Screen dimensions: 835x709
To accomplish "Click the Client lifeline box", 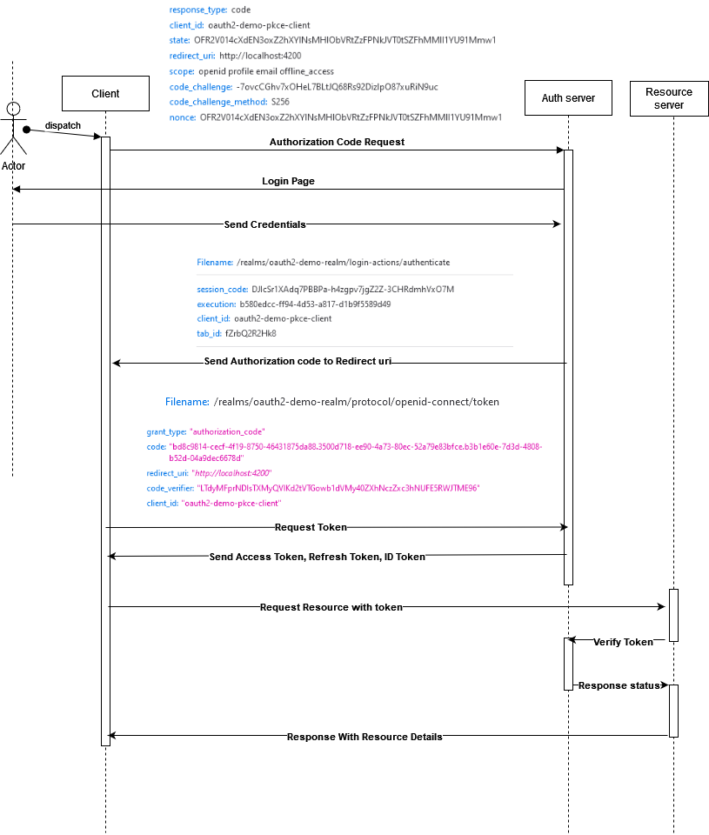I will pos(105,94).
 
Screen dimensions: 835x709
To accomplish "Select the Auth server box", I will pos(567,98).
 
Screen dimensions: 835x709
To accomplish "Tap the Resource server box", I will pos(669,98).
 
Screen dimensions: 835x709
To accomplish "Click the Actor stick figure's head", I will pos(13,108).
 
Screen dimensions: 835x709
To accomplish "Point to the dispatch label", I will pos(63,125).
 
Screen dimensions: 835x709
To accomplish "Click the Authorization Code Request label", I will pos(337,142).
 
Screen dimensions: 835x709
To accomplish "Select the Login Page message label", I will pos(288,182).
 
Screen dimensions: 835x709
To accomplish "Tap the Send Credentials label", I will pos(264,224).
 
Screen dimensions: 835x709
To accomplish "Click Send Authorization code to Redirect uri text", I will pos(298,361).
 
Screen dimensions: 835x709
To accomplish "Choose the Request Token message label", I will pos(311,527).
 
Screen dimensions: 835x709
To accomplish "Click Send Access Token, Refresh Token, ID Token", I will pos(317,557).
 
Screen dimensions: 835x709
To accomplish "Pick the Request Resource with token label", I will pos(331,607).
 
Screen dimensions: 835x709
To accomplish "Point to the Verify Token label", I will pos(623,642).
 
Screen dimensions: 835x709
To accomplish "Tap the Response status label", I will pos(619,685).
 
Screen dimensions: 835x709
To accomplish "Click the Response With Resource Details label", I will pos(365,737).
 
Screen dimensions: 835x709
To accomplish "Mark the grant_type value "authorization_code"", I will pos(227,431).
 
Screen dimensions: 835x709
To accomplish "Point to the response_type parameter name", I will pos(197,10).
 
